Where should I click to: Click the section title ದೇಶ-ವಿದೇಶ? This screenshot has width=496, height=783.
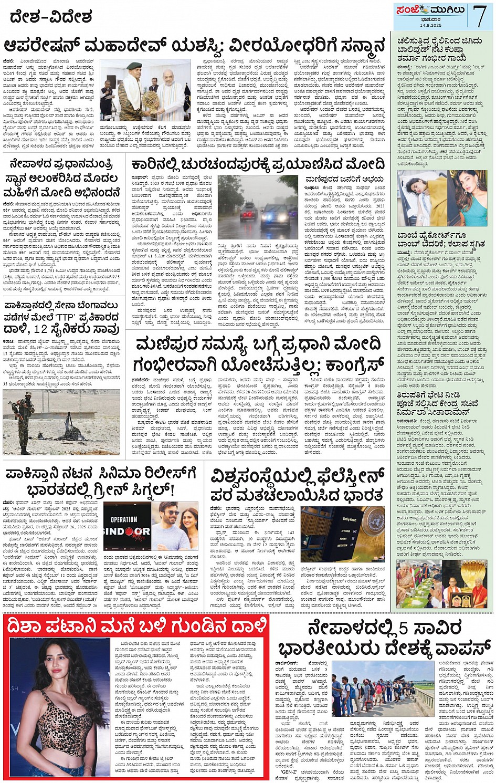[50, 17]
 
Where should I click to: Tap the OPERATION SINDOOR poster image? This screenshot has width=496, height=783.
[126, 530]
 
